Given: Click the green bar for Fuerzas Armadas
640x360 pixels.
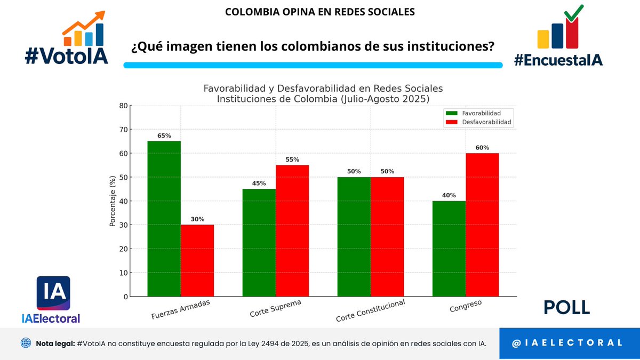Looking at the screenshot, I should pos(164,219).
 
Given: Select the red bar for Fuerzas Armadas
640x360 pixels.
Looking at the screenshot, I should pos(197,260).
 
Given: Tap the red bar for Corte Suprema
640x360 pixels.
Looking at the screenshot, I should pos(292,230).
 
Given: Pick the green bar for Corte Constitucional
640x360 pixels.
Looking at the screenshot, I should pos(354,237).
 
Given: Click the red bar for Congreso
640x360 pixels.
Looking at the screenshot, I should pos(482,225).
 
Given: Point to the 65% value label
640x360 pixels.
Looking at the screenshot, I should pos(164,136).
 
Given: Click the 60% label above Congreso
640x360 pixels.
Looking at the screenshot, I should pos(482,148).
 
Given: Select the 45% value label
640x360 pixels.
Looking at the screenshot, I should pos(259,183).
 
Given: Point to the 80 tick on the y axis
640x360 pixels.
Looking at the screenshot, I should pos(124,106).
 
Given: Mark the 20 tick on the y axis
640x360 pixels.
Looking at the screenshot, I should pos(124,249).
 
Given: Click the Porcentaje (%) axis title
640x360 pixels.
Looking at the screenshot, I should pos(113,201).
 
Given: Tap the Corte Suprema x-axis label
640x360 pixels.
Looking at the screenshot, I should pos(275,309).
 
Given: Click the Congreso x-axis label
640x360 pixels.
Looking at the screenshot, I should pos(466,307).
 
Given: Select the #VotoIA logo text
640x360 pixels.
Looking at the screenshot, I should pos(66,55).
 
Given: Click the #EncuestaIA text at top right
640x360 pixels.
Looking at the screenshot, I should pos(558,60).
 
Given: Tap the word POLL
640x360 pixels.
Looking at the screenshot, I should pos(566,308).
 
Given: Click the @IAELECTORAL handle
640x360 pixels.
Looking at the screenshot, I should pos(567,343).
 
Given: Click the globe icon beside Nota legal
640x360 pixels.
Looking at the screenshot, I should pos(26,343).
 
